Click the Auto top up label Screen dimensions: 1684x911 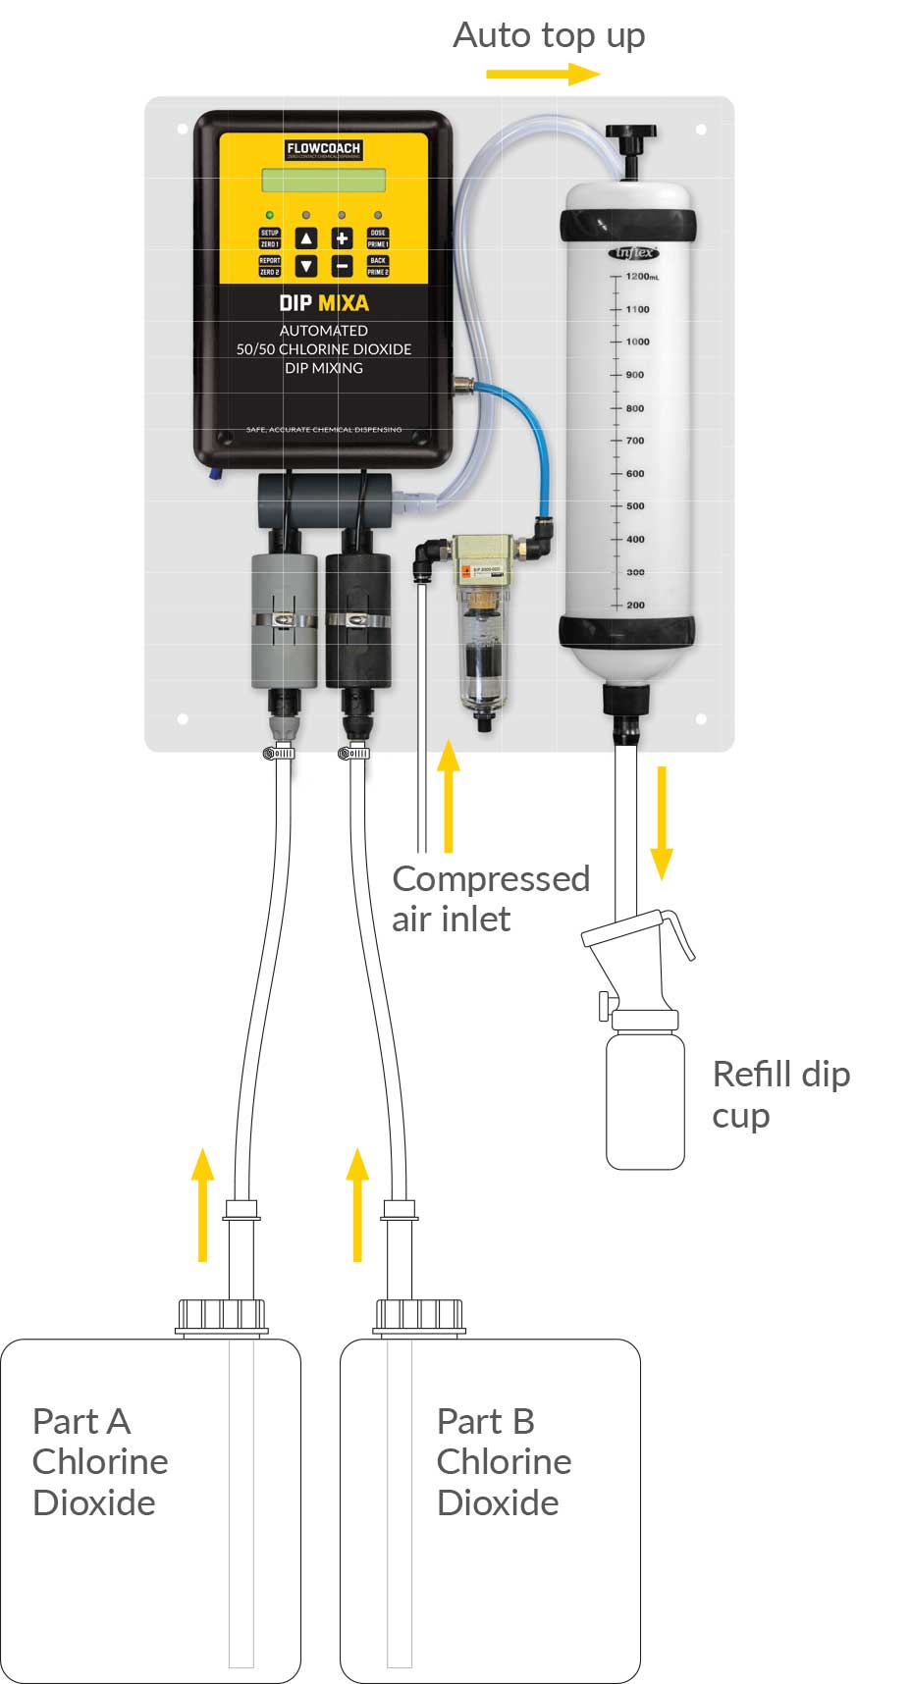pyautogui.click(x=549, y=36)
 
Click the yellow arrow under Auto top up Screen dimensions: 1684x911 pyautogui.click(x=543, y=74)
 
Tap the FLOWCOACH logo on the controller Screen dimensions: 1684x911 pyautogui.click(x=323, y=150)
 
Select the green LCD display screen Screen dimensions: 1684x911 pyautogui.click(x=323, y=181)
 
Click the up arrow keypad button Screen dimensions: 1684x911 pyautogui.click(x=306, y=237)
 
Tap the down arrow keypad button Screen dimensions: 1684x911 pyautogui.click(x=306, y=266)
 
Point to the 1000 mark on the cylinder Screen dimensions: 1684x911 pyautogui.click(x=636, y=342)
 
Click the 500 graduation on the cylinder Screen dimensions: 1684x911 pyautogui.click(x=634, y=506)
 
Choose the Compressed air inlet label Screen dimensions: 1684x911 pyautogui.click(x=490, y=898)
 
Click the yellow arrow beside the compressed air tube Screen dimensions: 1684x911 pyautogui.click(x=449, y=795)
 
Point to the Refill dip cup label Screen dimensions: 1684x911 pyautogui.click(x=780, y=1094)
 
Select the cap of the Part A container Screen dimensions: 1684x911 pyautogui.click(x=222, y=1315)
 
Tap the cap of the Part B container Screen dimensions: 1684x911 pyautogui.click(x=419, y=1315)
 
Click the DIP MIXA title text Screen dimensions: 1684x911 pyautogui.click(x=323, y=303)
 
